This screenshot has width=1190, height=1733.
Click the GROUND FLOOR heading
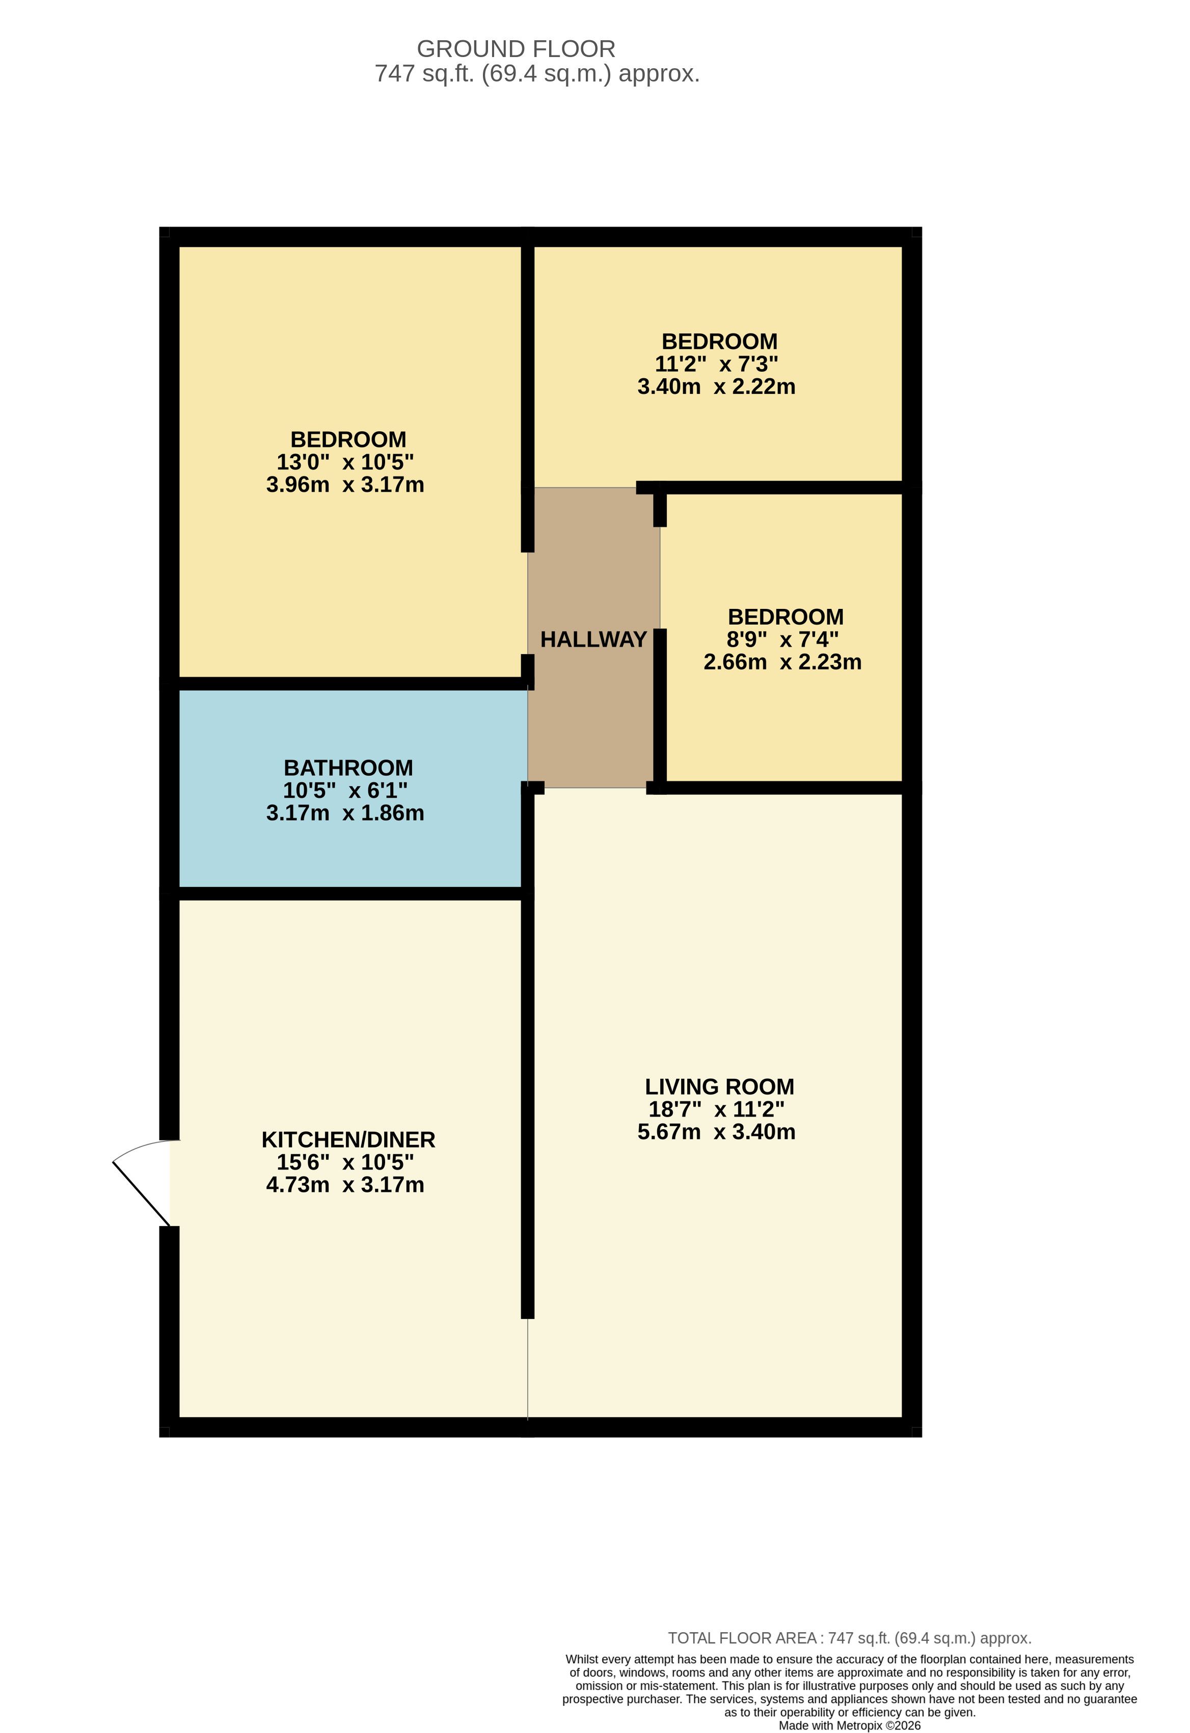tap(516, 49)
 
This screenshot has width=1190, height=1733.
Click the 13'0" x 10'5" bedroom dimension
tap(345, 462)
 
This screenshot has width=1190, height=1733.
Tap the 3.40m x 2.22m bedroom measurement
tap(716, 386)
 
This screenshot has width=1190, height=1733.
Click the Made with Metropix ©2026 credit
tap(850, 1725)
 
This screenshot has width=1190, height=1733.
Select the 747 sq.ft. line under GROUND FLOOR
tap(537, 74)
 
